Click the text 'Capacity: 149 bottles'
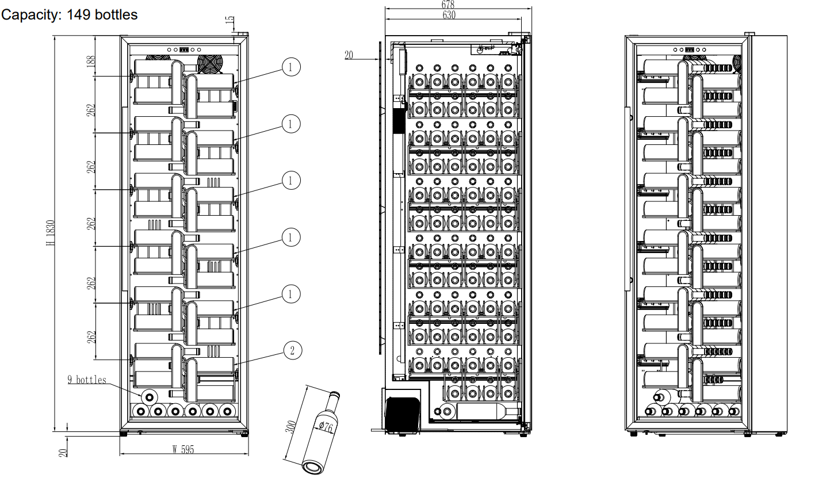click(x=69, y=14)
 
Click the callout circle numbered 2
click(x=292, y=350)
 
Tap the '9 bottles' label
click(x=87, y=380)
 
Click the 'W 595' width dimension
click(x=183, y=449)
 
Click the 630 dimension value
click(x=449, y=15)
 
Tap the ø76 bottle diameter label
click(x=325, y=426)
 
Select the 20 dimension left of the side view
click(x=349, y=55)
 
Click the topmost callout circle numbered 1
click(x=291, y=67)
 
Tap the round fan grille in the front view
click(x=209, y=64)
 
